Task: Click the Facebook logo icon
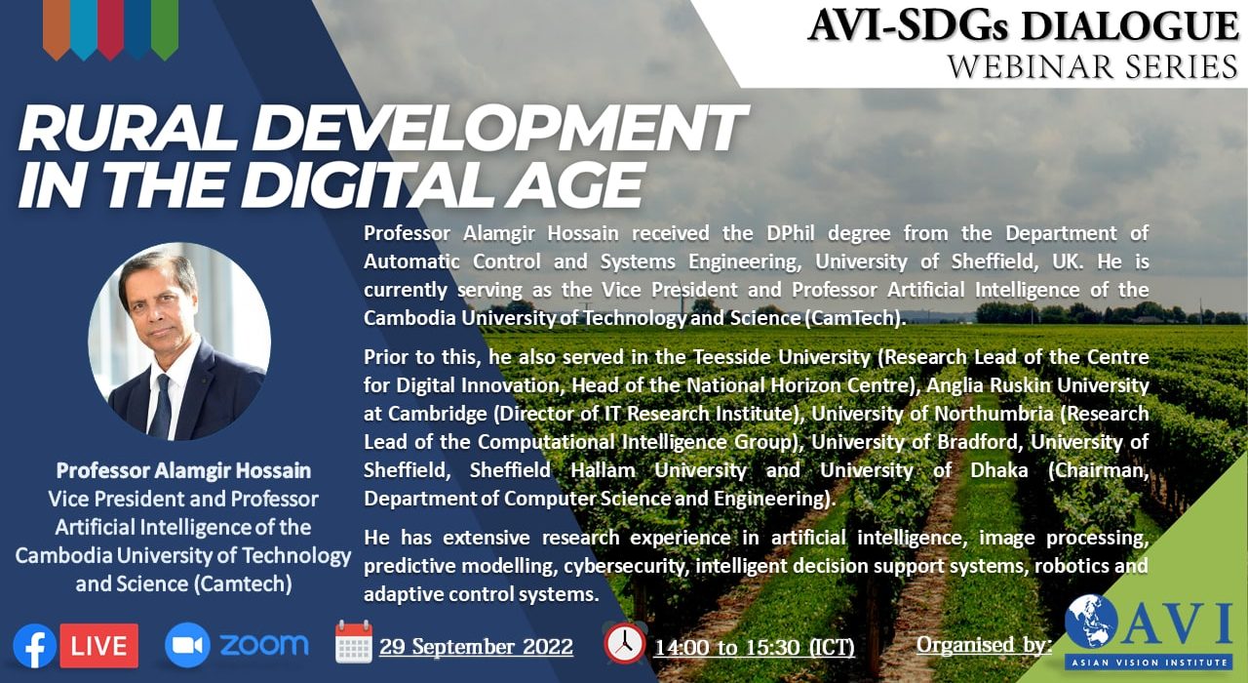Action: [34, 646]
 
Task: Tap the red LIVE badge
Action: [99, 646]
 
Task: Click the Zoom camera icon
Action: [187, 645]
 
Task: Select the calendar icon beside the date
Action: [354, 642]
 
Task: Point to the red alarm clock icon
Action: [625, 643]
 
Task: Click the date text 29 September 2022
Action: [477, 647]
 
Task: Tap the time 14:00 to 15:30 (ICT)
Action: [754, 648]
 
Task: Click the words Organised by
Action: [984, 645]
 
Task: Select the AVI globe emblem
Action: [1091, 622]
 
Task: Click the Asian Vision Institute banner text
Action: [1150, 663]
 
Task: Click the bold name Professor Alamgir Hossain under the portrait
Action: [183, 470]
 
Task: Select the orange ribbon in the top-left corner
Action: [56, 29]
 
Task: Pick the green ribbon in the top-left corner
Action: [165, 29]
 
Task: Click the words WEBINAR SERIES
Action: [1093, 67]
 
